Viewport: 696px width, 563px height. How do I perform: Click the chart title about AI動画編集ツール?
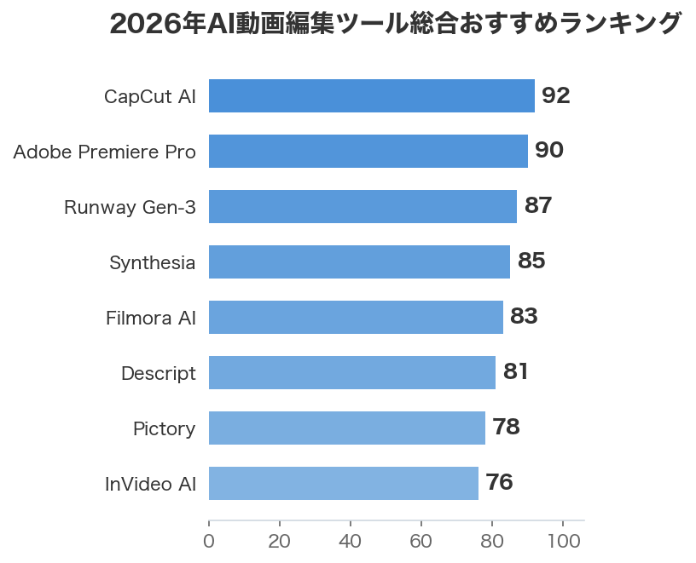(396, 24)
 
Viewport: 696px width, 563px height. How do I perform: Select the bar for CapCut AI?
(371, 96)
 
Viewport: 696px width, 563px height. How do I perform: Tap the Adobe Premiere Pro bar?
(368, 152)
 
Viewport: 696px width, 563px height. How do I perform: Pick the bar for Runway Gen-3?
(362, 207)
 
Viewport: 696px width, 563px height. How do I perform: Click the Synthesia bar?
(359, 262)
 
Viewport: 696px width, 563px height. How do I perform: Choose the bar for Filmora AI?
(356, 318)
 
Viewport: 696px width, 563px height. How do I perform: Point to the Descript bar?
(351, 373)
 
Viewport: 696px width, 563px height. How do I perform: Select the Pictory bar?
(346, 428)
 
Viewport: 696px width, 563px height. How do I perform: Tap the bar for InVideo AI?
(343, 484)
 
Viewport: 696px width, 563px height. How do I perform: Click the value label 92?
(555, 96)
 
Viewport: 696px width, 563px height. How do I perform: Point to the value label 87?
(538, 206)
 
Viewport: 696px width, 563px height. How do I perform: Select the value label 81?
(516, 372)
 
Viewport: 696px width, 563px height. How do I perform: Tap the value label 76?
(499, 483)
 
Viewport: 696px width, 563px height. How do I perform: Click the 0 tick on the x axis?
(209, 542)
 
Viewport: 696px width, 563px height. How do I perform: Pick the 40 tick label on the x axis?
(351, 542)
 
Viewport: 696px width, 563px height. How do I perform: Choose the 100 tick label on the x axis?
(563, 542)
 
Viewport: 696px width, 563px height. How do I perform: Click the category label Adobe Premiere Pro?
(105, 152)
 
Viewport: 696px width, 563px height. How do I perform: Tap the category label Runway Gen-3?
(130, 208)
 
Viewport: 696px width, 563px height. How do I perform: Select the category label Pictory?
(164, 429)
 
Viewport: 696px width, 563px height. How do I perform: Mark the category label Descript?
(159, 374)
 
